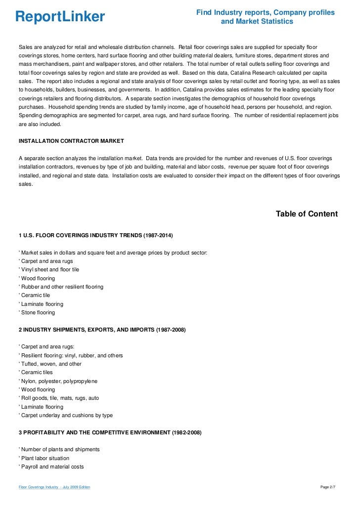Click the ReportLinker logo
60,17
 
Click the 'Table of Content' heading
307,214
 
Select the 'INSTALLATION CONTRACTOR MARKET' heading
71,141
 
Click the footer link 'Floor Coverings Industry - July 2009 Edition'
54,488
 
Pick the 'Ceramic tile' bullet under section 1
35,295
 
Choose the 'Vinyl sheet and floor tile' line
49,270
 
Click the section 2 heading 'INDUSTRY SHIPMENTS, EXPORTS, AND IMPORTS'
102,330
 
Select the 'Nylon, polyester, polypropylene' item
58,381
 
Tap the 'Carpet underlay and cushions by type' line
66,416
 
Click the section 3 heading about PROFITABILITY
110,432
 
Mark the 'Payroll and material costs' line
51,467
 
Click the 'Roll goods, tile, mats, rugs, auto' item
59,398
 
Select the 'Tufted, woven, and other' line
50,364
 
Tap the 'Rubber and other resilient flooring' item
61,287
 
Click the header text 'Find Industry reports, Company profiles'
266,12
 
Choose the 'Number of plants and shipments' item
59,449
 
